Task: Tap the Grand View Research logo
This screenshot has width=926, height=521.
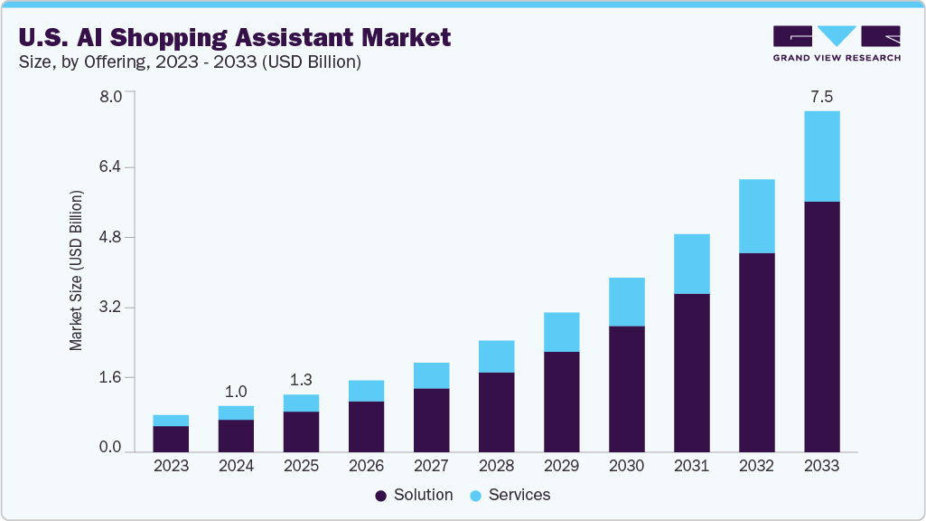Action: click(x=836, y=43)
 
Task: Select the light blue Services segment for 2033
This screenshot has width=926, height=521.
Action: click(x=821, y=156)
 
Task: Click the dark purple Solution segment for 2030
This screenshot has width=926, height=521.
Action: click(x=626, y=388)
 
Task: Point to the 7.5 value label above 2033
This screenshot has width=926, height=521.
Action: click(x=821, y=97)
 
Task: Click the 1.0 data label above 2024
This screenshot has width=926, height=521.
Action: click(x=236, y=392)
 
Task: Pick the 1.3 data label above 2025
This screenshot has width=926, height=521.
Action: click(x=301, y=380)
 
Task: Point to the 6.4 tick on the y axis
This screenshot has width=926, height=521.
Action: click(x=110, y=167)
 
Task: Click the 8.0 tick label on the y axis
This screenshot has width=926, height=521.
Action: click(x=110, y=98)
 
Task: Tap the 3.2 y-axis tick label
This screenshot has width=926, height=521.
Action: click(x=110, y=308)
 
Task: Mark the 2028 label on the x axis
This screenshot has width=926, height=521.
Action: click(x=496, y=466)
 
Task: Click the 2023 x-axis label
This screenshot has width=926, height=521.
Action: click(x=171, y=466)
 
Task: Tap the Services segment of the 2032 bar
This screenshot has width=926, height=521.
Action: click(x=756, y=215)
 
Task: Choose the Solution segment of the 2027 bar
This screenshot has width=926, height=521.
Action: click(x=431, y=420)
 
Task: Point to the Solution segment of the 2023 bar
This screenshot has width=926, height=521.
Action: click(x=171, y=438)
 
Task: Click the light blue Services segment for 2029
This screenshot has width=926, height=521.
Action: click(x=561, y=332)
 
